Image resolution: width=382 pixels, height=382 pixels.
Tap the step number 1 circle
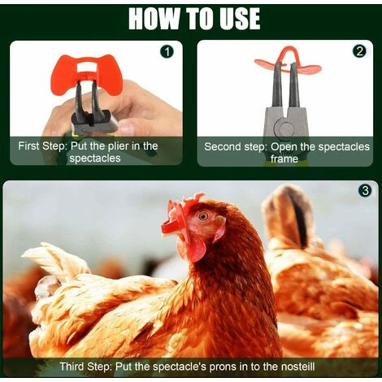pyautogui.click(x=167, y=51)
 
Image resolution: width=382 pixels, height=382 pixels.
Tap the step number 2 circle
pyautogui.click(x=359, y=51)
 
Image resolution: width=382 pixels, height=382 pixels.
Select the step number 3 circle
pyautogui.click(x=365, y=192)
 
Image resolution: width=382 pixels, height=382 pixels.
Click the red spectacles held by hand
pyautogui.click(x=85, y=73)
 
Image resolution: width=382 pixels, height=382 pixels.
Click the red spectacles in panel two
pyautogui.click(x=286, y=63)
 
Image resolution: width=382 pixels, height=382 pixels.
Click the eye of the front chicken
pyautogui.click(x=202, y=216)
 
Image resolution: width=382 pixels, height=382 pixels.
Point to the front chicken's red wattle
pyautogui.click(x=196, y=247)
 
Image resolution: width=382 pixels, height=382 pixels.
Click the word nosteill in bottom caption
pyautogui.click(x=295, y=367)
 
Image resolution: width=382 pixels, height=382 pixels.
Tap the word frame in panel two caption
pyautogui.click(x=284, y=159)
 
